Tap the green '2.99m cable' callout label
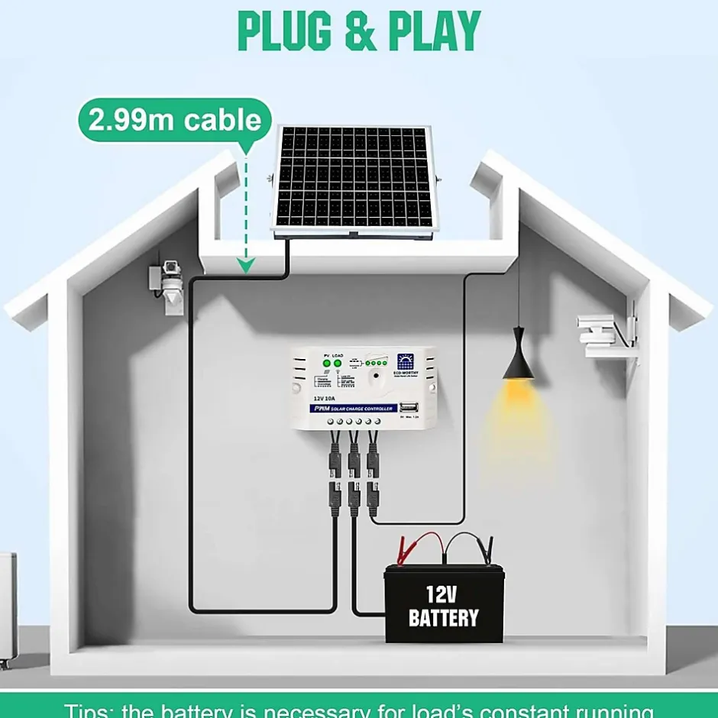click(175, 120)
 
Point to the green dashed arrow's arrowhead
click(245, 265)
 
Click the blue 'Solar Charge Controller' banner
click(354, 409)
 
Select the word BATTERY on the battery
click(443, 618)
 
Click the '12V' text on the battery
click(443, 593)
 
